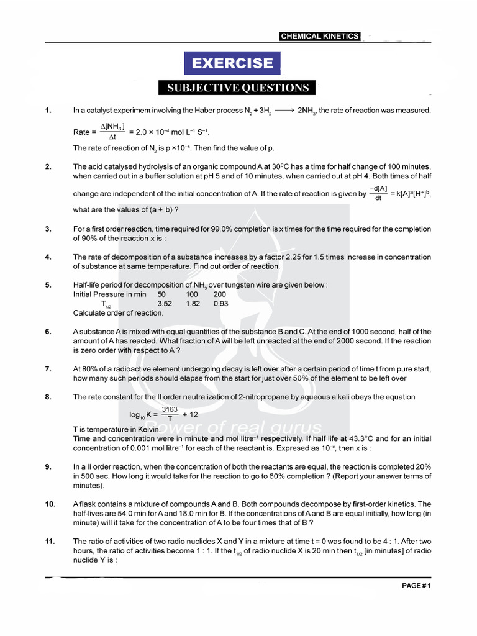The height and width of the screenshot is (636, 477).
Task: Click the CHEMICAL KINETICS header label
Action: [x=319, y=36]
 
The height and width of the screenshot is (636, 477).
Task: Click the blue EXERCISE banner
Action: [x=232, y=63]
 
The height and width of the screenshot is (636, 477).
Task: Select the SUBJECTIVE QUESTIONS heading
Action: [x=237, y=88]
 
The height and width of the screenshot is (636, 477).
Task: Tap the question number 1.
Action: [x=48, y=111]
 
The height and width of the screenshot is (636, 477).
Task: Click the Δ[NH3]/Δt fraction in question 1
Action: [x=113, y=132]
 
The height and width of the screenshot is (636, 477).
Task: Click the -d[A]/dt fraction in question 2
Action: [x=378, y=193]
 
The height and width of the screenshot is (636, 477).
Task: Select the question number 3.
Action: [x=48, y=229]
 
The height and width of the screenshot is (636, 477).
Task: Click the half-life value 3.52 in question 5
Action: [x=165, y=304]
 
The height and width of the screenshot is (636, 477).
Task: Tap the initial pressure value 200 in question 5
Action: [x=220, y=294]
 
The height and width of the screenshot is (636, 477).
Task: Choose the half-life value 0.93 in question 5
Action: [x=220, y=304]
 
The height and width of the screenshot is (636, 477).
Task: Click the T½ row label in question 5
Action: [x=106, y=304]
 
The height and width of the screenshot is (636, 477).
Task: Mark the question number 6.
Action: [x=48, y=332]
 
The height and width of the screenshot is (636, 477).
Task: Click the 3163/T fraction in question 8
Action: [x=170, y=414]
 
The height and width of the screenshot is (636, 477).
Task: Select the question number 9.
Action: [x=48, y=466]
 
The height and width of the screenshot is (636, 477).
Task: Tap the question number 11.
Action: [x=49, y=541]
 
